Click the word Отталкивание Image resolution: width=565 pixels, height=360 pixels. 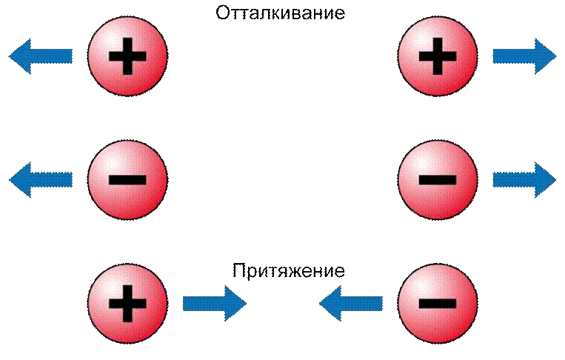[x=281, y=13]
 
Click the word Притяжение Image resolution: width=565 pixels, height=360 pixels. [x=288, y=270]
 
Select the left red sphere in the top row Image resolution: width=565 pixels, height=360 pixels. [x=127, y=56]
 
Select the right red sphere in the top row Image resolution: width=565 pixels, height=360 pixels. [x=438, y=56]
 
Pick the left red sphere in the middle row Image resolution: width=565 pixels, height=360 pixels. [x=127, y=179]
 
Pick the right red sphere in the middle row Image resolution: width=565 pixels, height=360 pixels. [x=438, y=179]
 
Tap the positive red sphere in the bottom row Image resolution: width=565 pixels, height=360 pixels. [x=127, y=303]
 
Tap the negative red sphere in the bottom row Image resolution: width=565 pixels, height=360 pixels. [x=438, y=303]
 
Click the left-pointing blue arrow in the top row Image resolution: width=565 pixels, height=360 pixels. [x=41, y=56]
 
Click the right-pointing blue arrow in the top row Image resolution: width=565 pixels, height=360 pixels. [x=524, y=56]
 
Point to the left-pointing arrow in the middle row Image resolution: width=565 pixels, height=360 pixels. [x=41, y=180]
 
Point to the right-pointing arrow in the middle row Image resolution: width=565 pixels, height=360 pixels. [x=524, y=180]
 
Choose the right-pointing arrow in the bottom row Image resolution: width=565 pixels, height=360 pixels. [x=215, y=304]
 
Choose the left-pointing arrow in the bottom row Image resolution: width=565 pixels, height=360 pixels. [x=351, y=304]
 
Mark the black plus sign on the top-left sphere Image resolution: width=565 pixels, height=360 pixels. [x=127, y=56]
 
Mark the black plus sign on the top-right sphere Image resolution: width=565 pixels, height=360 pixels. [x=438, y=56]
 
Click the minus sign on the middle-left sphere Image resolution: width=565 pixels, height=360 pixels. [x=127, y=180]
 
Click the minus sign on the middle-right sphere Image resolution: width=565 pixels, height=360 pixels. [x=438, y=180]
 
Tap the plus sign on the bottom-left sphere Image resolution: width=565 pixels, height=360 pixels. [x=127, y=304]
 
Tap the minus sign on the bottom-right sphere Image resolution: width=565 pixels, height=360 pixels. [x=438, y=304]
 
